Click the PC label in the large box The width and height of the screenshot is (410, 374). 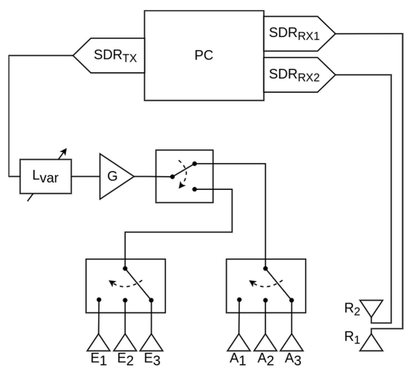[204, 55]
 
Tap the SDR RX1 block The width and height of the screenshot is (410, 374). [296, 34]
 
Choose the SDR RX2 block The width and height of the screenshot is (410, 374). [296, 75]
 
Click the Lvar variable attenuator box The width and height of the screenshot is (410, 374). [46, 176]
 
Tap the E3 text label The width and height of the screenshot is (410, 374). [152, 360]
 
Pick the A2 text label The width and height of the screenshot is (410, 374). [266, 360]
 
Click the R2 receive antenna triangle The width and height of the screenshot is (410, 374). [372, 307]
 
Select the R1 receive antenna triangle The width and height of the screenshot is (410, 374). [371, 344]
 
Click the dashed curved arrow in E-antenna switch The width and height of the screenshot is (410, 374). [125, 284]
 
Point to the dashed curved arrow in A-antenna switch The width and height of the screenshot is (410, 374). [265, 284]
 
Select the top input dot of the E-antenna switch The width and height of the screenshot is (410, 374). [125, 268]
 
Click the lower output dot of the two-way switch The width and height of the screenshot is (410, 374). [195, 189]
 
